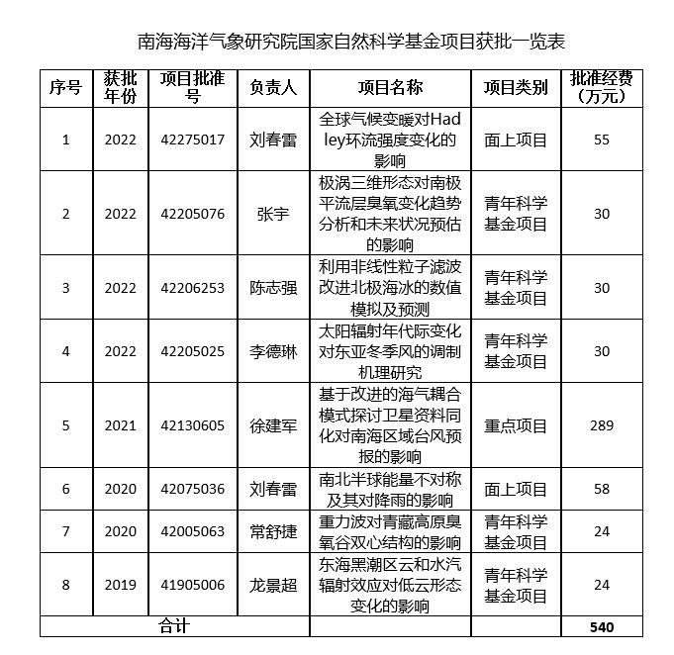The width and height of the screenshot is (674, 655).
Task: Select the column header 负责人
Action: (273, 88)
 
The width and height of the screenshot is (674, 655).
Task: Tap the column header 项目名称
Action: (390, 88)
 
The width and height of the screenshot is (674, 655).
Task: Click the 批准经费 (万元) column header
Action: (602, 88)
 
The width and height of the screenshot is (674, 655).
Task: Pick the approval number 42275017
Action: (192, 140)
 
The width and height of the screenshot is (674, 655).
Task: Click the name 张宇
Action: (273, 214)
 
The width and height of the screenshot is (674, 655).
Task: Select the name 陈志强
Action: (273, 288)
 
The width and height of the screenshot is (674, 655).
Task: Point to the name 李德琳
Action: (273, 351)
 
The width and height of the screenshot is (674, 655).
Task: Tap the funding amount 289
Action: (602, 425)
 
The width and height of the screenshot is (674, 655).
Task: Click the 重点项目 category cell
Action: (516, 425)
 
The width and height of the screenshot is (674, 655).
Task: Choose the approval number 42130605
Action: (192, 425)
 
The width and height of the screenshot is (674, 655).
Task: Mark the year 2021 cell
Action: (121, 425)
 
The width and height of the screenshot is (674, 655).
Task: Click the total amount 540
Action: (602, 626)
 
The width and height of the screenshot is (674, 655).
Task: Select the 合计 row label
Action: (174, 626)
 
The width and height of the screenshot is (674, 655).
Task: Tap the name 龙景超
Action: (273, 585)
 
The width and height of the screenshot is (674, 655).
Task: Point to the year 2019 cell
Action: (121, 585)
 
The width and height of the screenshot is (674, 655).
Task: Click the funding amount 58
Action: (602, 489)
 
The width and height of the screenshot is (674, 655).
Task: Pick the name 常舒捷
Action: (273, 531)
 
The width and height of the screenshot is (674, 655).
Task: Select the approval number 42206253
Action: (192, 288)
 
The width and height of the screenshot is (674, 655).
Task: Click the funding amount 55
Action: (602, 140)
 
